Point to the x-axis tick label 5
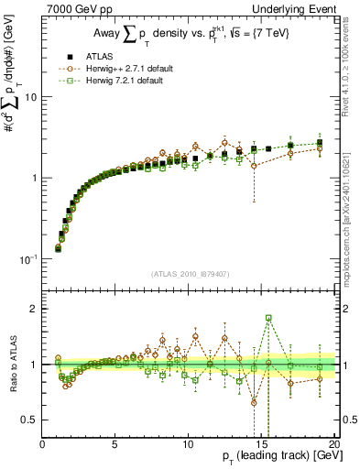pos(115,445)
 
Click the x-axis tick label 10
pos(188,445)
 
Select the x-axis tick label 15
pos(261,445)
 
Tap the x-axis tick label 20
pos(333,445)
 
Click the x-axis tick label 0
pos(43,445)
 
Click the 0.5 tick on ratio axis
pos(30,420)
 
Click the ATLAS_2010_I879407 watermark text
pos(189,273)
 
